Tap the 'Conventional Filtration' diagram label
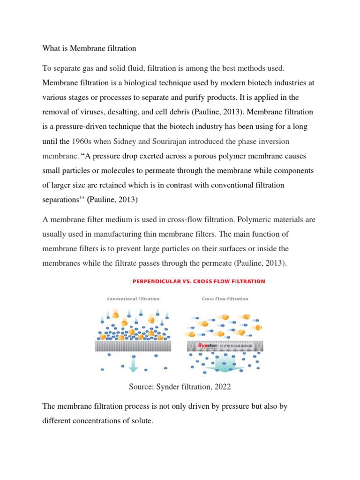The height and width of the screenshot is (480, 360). click(x=133, y=299)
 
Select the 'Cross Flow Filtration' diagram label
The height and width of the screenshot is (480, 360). click(x=225, y=299)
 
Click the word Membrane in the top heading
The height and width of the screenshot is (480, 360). click(x=83, y=48)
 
